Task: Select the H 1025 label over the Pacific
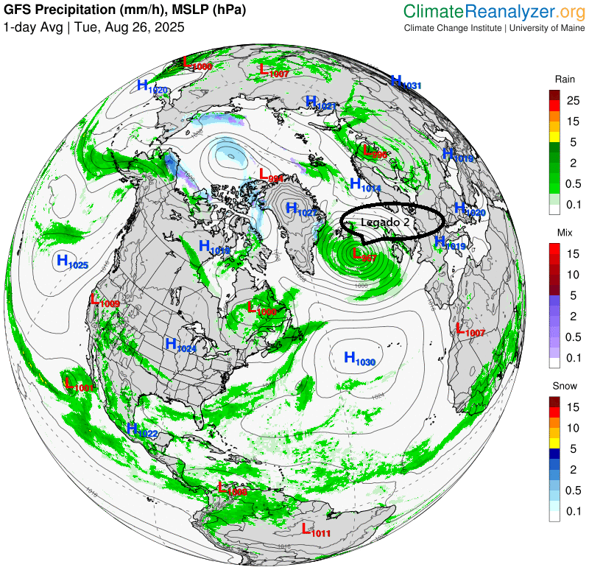pos(72,261)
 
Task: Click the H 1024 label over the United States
pos(180,345)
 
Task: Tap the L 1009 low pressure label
pos(105,300)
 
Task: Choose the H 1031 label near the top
pos(406,82)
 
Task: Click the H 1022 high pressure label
pos(142,430)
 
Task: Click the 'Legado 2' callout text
pos(384,221)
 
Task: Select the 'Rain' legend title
pos(565,79)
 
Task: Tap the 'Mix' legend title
pos(565,233)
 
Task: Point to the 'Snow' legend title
pos(565,387)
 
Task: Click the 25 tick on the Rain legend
pos(573,99)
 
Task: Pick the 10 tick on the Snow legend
pos(573,427)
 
